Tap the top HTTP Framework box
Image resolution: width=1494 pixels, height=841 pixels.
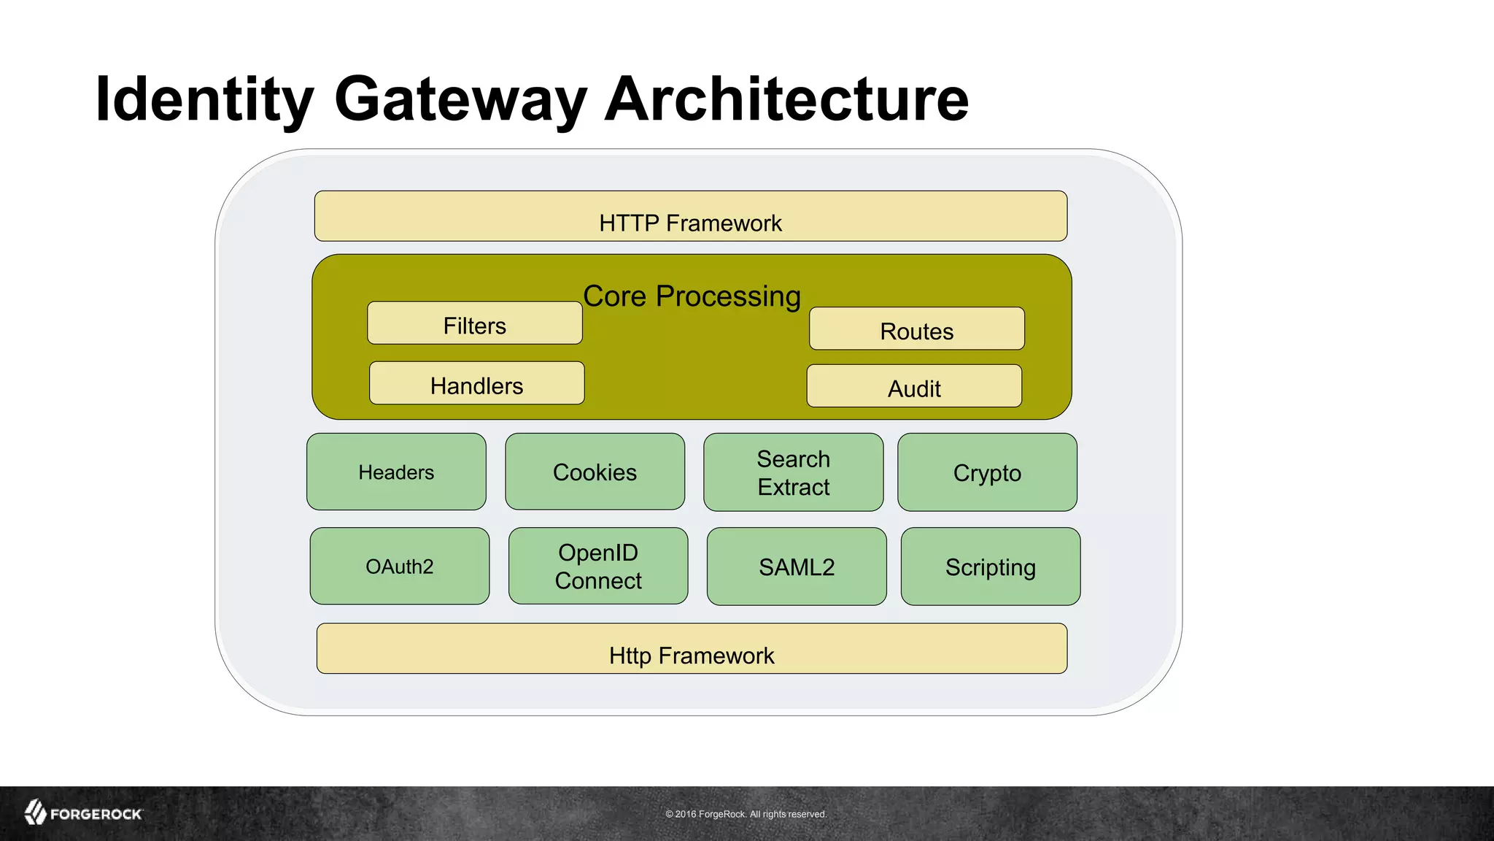pyautogui.click(x=690, y=217)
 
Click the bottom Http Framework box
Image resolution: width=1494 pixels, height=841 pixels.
pyautogui.click(x=692, y=649)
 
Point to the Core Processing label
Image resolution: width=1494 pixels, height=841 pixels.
pyautogui.click(x=692, y=296)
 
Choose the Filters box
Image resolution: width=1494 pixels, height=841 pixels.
pyautogui.click(x=475, y=323)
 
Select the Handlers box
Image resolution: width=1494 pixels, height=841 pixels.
pyautogui.click(x=476, y=383)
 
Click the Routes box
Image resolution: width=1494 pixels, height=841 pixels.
pyautogui.click(x=916, y=329)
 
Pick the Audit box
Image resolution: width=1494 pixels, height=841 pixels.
pyautogui.click(x=914, y=386)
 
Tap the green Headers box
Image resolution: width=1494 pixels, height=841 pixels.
pyautogui.click(x=396, y=472)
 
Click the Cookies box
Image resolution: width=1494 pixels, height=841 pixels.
pyautogui.click(x=595, y=472)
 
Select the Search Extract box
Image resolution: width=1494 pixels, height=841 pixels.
pyautogui.click(x=793, y=472)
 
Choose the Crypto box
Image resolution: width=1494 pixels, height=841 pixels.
pyautogui.click(x=987, y=472)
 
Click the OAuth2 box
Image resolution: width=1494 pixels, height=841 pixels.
pyautogui.click(x=399, y=567)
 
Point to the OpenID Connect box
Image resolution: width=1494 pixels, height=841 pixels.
pyautogui.click(x=598, y=567)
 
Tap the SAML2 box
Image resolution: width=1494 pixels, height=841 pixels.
pyautogui.click(x=797, y=567)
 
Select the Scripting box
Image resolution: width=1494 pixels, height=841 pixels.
pyautogui.click(x=990, y=567)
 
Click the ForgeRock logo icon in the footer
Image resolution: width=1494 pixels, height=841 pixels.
pyautogui.click(x=35, y=813)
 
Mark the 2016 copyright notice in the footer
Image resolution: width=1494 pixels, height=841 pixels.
pyautogui.click(x=746, y=814)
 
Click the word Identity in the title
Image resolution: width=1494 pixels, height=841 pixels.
pyautogui.click(x=204, y=99)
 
